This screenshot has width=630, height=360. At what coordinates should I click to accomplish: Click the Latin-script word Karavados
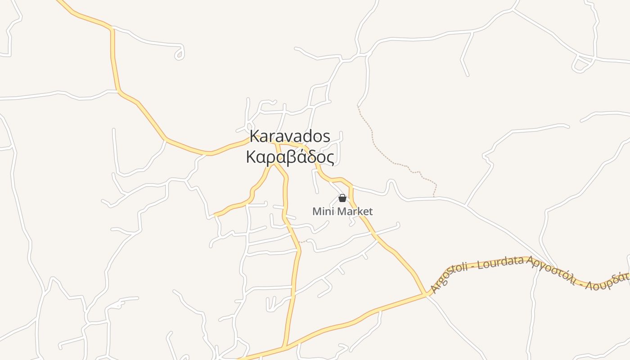(x=290, y=136)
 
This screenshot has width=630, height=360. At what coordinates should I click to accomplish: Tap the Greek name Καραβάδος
(x=290, y=157)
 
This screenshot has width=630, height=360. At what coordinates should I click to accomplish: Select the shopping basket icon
(x=342, y=198)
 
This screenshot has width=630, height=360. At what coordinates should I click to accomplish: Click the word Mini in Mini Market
(x=322, y=211)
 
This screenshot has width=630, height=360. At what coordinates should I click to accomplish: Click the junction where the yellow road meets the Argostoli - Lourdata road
(x=425, y=294)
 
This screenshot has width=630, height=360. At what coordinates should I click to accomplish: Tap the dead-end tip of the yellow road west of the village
(x=216, y=215)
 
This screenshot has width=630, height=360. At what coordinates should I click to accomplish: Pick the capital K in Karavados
(x=255, y=136)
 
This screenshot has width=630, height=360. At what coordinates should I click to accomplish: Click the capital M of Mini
(x=316, y=211)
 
